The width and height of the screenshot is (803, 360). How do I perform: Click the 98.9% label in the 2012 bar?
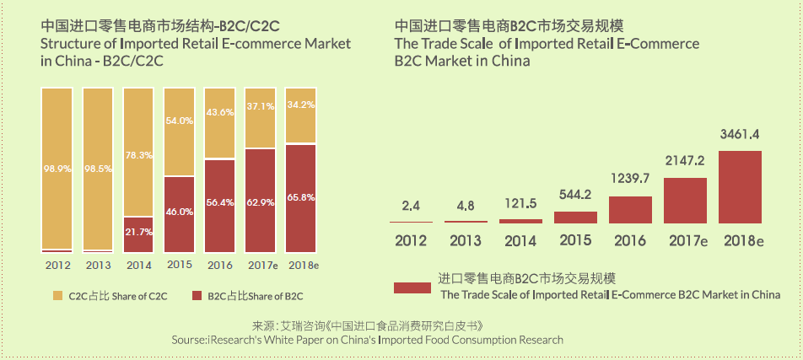[x=57, y=169]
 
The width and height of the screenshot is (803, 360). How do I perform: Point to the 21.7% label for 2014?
[x=137, y=231]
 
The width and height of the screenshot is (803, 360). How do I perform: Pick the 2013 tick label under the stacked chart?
[x=98, y=265]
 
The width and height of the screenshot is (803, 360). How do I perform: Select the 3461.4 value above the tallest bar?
[x=740, y=133]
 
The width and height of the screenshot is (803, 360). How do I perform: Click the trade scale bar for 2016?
[x=630, y=209]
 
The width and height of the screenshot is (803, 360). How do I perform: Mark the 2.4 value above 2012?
[x=411, y=205]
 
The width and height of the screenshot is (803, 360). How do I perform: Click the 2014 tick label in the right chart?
[x=520, y=240]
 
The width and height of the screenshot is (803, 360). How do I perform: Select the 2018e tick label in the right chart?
[x=743, y=240]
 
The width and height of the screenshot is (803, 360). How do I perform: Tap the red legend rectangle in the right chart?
[x=412, y=287]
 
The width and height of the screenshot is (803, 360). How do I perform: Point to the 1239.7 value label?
[x=630, y=179]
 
